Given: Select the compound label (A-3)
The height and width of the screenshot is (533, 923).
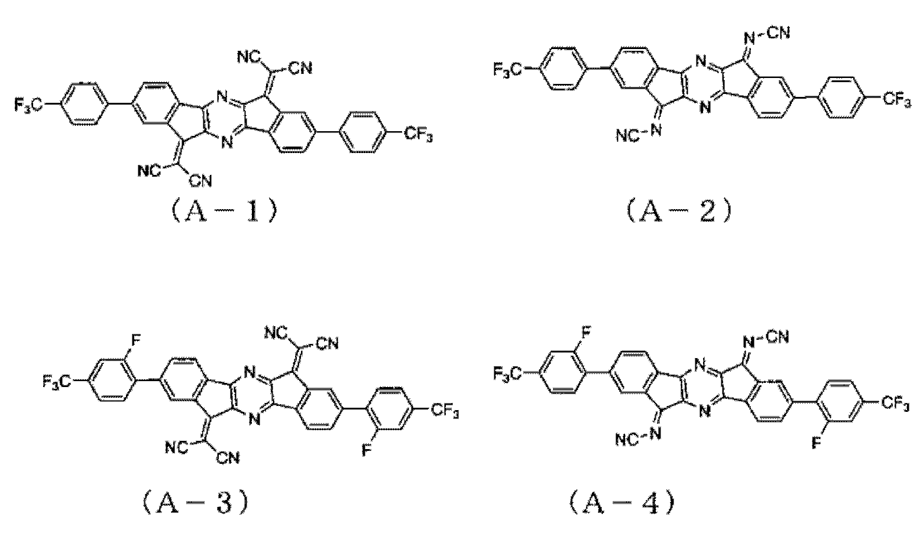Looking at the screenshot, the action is pos(195,502).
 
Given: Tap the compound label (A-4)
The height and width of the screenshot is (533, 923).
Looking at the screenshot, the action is pos(622,502).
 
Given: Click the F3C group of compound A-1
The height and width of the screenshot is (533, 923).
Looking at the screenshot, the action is pos(28,106).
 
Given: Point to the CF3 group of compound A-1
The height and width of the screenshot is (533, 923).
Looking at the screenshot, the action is pos(418,135).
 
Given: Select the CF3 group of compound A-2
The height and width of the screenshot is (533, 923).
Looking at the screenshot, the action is pos(897,100).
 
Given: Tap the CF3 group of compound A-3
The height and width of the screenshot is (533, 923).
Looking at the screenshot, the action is pos(445,411).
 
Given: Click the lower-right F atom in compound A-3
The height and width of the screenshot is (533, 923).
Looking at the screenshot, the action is pos(367,451).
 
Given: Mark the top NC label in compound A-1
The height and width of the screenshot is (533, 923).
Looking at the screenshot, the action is pos(250,57).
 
